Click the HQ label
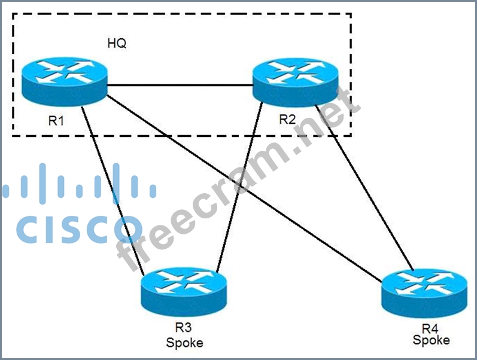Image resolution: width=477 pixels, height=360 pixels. coord(117,44)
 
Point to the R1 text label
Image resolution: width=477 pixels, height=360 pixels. coord(57,121)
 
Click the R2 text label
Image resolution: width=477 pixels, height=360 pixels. coord(287,120)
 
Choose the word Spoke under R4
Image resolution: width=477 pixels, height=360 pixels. coord(431,340)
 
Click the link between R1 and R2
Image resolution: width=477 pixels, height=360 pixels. coord(180,85)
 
